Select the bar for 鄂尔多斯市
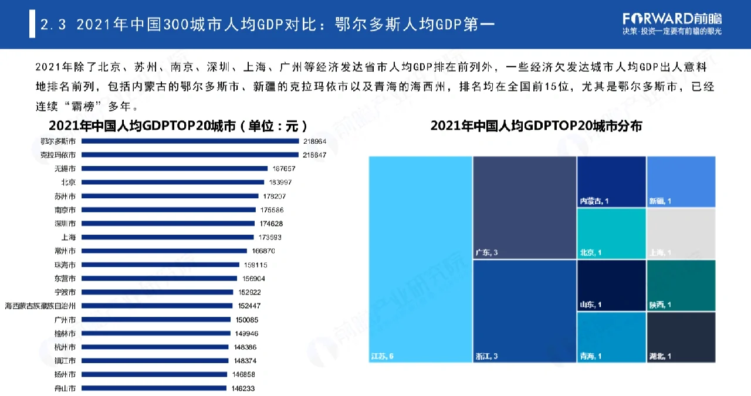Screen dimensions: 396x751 190,141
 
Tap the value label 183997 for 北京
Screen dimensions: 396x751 280,182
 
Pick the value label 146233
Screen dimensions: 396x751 243,388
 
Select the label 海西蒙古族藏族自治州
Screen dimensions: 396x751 40,306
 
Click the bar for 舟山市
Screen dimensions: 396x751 154,388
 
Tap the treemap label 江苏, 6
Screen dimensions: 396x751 383,356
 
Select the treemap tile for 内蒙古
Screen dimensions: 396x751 611,181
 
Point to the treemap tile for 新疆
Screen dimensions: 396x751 681,181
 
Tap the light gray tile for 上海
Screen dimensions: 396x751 681,233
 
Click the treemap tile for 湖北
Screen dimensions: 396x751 681,337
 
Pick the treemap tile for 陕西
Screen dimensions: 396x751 681,285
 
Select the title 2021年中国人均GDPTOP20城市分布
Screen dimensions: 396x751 536,126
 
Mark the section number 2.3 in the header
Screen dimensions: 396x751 53,25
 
